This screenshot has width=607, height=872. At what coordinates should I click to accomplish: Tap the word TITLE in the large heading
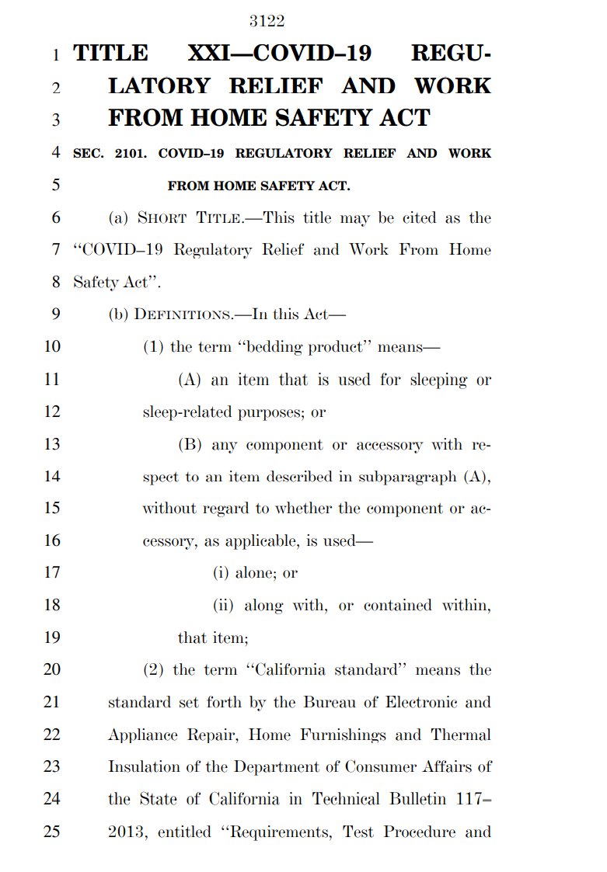[110, 54]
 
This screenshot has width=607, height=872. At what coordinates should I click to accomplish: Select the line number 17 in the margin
[51, 574]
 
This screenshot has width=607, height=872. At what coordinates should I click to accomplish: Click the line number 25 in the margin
[51, 832]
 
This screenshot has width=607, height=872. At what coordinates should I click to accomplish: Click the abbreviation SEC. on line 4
[87, 153]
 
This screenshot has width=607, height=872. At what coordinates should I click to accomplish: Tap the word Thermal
[462, 735]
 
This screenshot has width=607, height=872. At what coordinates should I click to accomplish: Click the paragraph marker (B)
[190, 445]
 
